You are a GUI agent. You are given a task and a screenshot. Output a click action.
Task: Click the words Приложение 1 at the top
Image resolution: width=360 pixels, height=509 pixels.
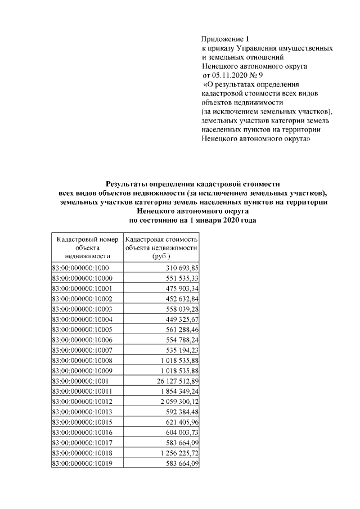click(224, 39)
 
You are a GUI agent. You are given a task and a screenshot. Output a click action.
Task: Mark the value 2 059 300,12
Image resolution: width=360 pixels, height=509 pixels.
click(174, 402)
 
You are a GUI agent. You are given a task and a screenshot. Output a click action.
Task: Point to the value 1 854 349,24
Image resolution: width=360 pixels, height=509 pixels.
click(174, 391)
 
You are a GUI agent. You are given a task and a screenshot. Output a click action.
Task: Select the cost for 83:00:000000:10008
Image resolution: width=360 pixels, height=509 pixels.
click(174, 361)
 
